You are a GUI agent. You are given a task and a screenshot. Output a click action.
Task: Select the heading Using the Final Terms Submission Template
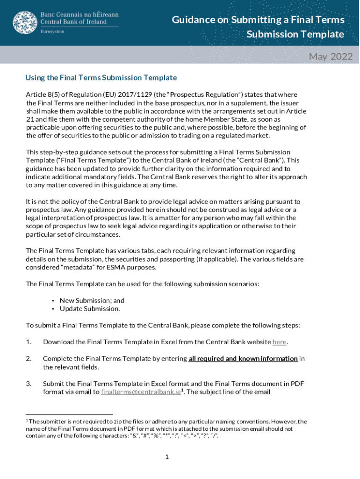click(101, 78)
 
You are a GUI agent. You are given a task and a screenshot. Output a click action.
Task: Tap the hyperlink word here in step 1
click(279, 342)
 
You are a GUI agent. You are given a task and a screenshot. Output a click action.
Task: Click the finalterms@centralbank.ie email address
click(141, 392)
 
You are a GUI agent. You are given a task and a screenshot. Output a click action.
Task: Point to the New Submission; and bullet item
click(92, 301)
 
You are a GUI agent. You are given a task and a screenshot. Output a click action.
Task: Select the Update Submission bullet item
click(89, 309)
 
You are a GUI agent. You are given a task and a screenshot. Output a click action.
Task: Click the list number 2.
click(29, 359)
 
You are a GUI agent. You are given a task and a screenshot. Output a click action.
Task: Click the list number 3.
click(29, 384)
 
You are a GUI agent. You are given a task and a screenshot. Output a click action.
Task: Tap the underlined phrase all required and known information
click(243, 359)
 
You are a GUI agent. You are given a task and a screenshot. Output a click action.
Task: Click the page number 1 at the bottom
click(166, 457)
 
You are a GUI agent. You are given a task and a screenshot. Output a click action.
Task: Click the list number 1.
click(29, 342)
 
